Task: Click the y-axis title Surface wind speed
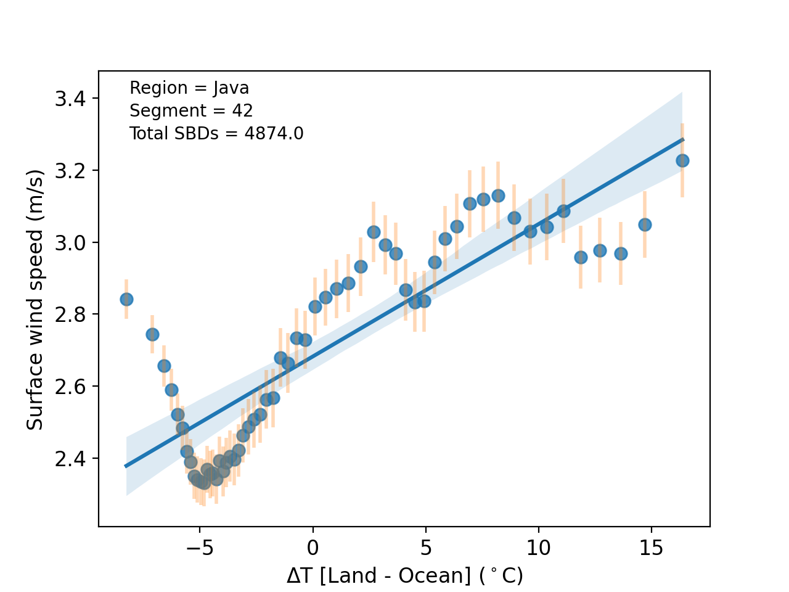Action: [x=35, y=300]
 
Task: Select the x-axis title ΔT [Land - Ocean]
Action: [x=404, y=576]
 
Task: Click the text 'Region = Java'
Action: [x=189, y=88]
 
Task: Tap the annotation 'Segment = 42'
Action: [x=191, y=111]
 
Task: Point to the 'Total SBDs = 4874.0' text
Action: [x=216, y=134]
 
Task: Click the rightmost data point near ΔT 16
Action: [x=682, y=160]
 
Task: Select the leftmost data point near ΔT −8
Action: [x=126, y=299]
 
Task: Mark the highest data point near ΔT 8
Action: [x=498, y=195]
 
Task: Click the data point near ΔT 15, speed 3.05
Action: [x=645, y=224]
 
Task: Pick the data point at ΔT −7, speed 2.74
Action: [x=152, y=334]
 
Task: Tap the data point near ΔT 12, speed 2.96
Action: [x=581, y=257]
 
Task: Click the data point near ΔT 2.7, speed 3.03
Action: [x=374, y=232]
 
